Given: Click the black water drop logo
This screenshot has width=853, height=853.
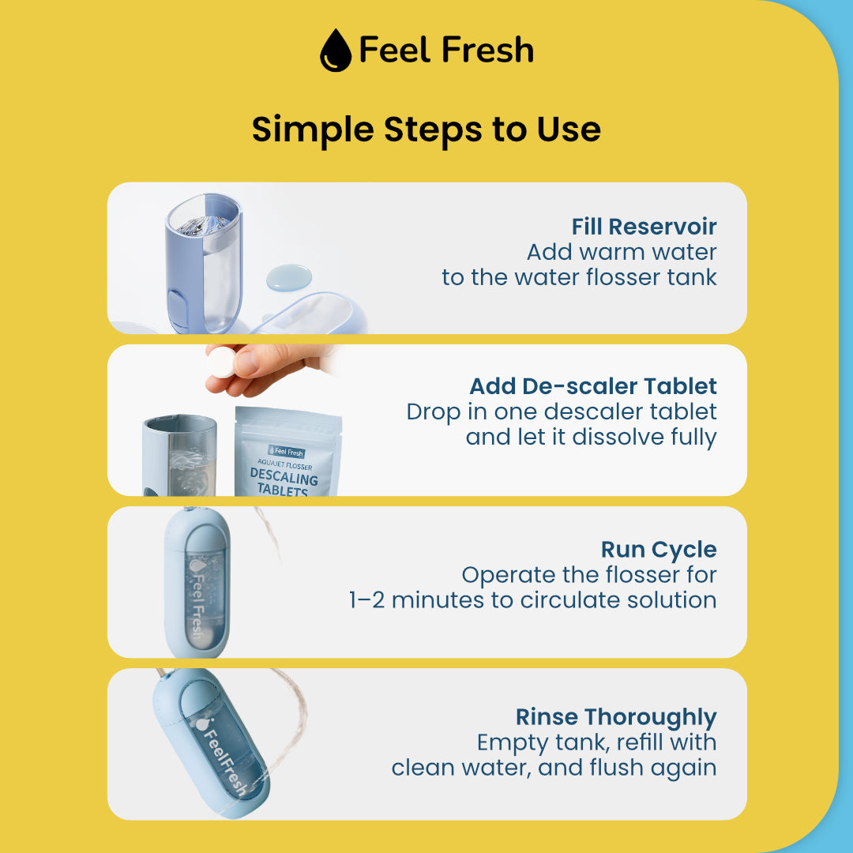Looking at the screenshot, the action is (336, 50).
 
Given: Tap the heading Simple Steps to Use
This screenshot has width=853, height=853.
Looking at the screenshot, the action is (426, 130).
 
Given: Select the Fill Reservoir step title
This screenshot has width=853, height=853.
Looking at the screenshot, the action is (644, 227).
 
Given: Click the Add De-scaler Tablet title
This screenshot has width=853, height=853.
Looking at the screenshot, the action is (593, 386).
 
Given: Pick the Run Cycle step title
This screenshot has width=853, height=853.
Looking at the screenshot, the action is (659, 550).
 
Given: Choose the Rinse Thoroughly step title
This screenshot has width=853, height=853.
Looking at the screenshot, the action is (616, 717).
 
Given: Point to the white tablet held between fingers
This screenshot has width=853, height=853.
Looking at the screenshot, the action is (221, 362).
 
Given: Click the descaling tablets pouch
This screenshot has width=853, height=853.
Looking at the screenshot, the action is (287, 452).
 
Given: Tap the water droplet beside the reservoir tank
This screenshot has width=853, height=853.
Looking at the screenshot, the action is (289, 277).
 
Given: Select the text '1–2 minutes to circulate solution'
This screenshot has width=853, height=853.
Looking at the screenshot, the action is (532, 600).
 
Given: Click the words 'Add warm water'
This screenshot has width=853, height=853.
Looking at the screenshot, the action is (622, 252).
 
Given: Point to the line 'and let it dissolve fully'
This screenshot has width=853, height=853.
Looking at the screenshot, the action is (591, 438).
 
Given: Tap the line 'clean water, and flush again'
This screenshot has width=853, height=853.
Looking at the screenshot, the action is (554, 768).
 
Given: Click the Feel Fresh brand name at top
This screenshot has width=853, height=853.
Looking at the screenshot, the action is (446, 50).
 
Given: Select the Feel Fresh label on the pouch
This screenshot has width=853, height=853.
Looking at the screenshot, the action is (287, 452).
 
